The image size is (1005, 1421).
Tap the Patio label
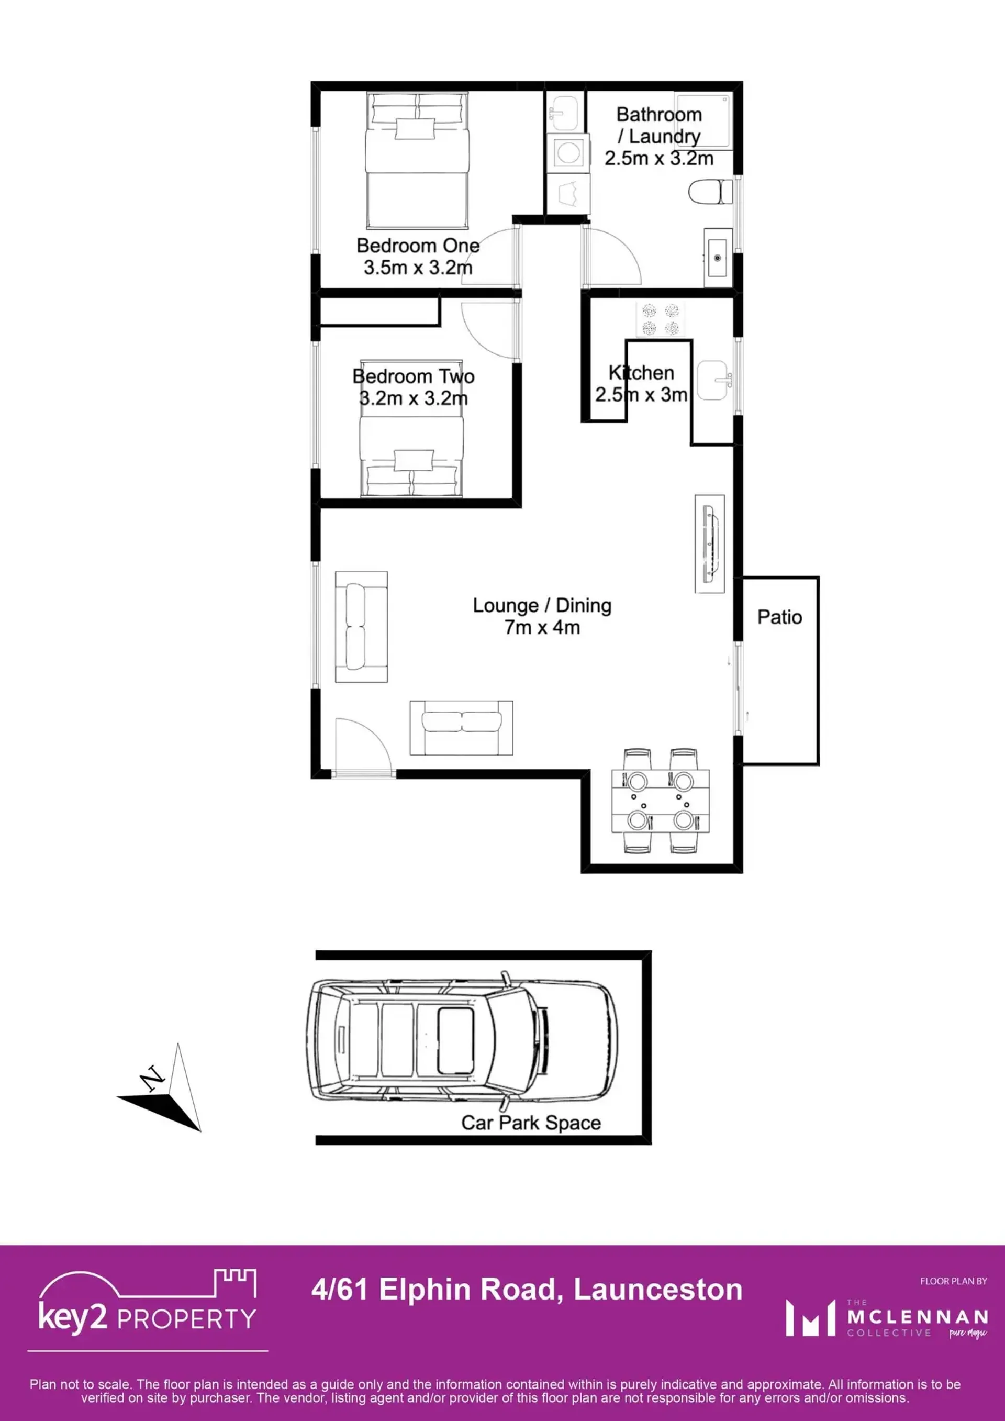pos(780,617)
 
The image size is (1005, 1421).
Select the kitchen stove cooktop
pos(660,319)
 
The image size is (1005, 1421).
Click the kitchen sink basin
pos(713,380)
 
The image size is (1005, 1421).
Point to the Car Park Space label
pos(531,1122)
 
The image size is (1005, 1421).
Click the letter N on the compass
pos(152,1078)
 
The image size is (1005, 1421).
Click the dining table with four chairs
pos(660,801)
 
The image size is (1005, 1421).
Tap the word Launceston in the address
pos(658,1290)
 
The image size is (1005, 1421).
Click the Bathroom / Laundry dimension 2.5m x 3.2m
pos(659,159)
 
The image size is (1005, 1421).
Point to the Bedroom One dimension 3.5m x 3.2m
pos(418,268)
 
